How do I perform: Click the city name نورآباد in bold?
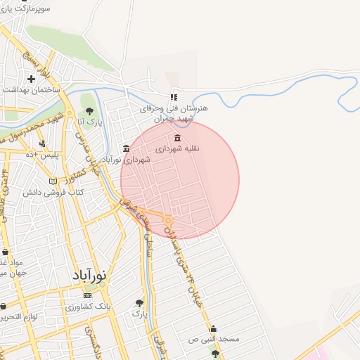(x=89, y=276)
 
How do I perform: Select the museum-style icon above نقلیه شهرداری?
(x=176, y=137)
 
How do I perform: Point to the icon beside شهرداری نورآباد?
(x=126, y=148)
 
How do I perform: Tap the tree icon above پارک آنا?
(x=89, y=110)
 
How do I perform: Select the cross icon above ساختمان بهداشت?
(x=31, y=79)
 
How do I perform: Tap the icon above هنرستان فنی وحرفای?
(x=174, y=98)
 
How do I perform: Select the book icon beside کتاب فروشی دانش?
(x=53, y=181)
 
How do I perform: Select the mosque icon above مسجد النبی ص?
(x=213, y=328)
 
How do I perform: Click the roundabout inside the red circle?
(x=169, y=221)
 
